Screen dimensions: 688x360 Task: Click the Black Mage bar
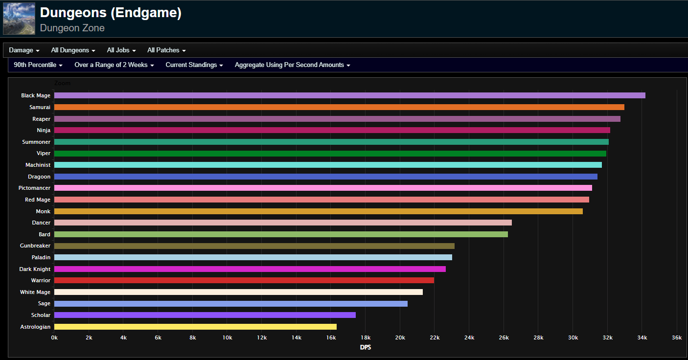pos(350,95)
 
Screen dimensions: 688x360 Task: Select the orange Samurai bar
pos(340,107)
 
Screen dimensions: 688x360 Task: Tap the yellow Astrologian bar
pos(195,327)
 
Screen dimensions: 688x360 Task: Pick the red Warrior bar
pos(244,280)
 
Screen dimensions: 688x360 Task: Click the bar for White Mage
pos(238,292)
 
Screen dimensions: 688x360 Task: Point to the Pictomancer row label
pos(34,188)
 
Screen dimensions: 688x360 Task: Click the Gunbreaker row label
pos(35,246)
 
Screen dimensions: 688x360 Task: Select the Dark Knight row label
pos(35,269)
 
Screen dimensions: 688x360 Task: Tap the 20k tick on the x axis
pos(400,337)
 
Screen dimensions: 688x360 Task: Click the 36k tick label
pos(677,337)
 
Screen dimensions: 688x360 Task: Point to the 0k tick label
pos(54,337)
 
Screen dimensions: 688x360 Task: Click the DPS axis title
pos(366,347)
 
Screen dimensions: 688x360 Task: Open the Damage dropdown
pos(24,50)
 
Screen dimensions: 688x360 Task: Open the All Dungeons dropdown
pos(73,50)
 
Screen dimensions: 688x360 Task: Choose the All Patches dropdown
pos(166,50)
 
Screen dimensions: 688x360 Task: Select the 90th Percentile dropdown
pos(38,65)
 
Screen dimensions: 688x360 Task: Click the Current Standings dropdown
pos(194,65)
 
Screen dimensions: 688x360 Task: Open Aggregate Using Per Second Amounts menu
pos(293,65)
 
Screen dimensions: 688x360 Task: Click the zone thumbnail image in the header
pos(19,19)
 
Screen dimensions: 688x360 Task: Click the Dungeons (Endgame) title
pos(111,13)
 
